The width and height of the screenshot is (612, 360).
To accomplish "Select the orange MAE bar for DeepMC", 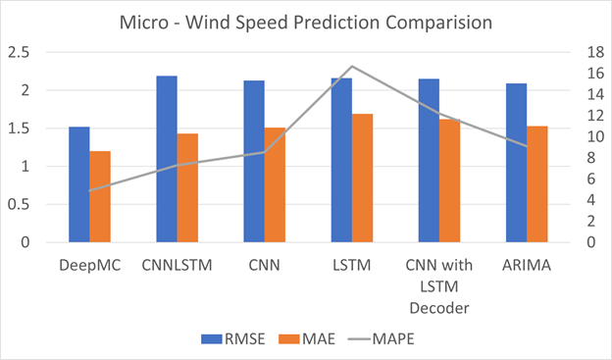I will point(100,196).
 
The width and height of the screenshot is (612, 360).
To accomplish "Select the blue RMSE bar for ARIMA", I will point(516,163).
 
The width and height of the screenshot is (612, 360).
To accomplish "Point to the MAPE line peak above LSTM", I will point(351,67).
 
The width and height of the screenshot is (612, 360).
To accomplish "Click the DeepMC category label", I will point(89,265).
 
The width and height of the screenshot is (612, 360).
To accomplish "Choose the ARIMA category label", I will point(526,265).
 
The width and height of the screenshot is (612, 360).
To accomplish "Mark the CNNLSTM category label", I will point(177,265).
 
